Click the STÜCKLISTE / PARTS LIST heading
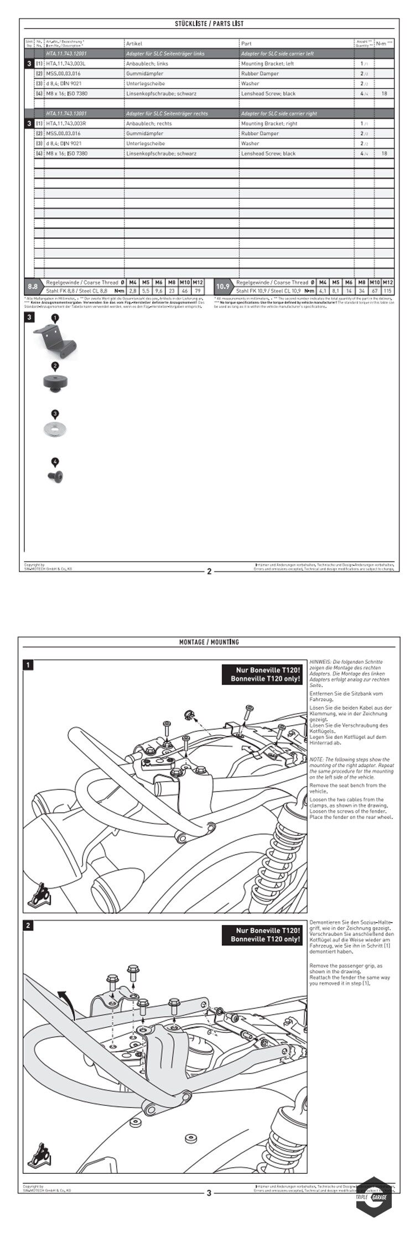click(209, 24)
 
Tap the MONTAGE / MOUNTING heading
click(209, 642)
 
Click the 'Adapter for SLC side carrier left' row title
click(277, 54)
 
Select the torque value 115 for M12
click(387, 290)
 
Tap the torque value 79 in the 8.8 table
click(198, 290)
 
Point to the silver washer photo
click(55, 428)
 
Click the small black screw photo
click(55, 474)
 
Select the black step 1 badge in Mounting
click(28, 665)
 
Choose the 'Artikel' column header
click(134, 43)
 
